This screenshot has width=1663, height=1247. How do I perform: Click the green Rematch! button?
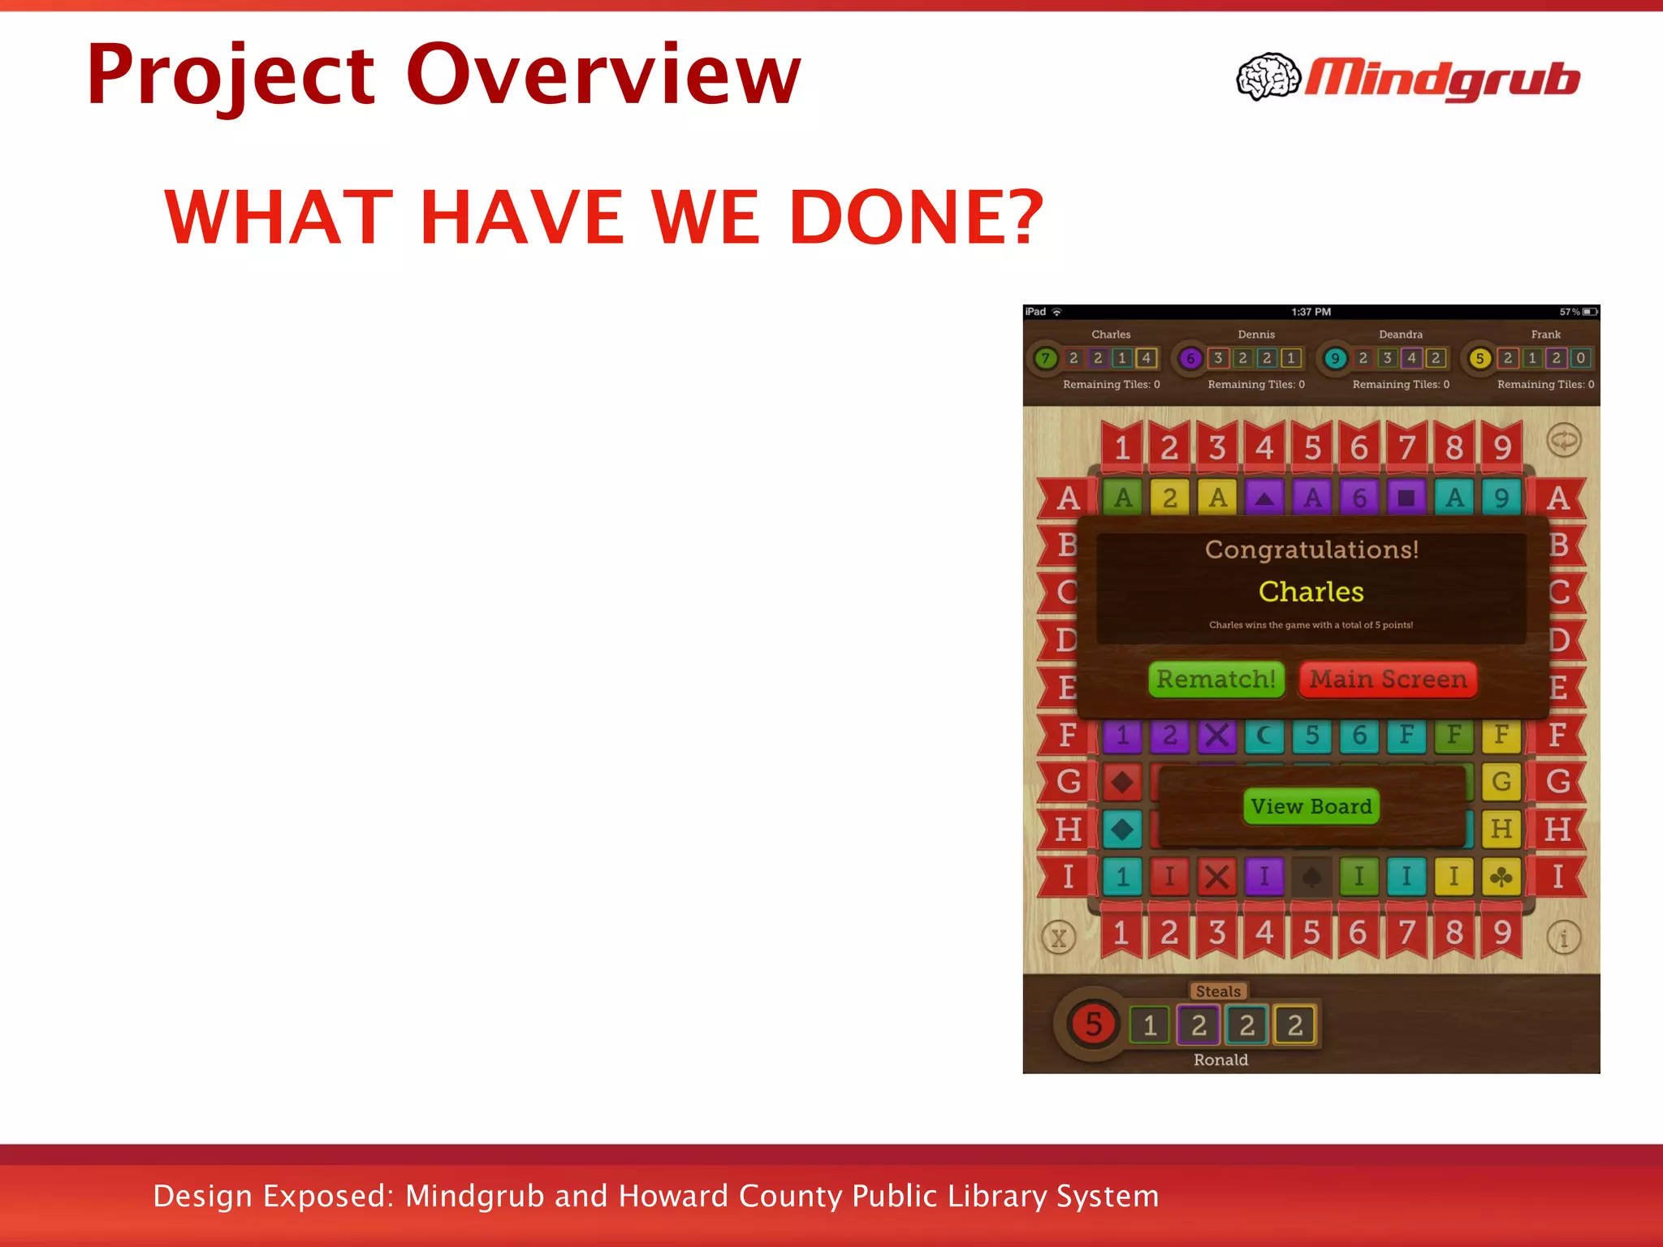[x=1216, y=679]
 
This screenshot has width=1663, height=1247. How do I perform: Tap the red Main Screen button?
[x=1388, y=679]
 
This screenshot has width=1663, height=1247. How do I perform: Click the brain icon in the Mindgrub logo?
[x=1268, y=77]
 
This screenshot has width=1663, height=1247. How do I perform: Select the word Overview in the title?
[x=603, y=75]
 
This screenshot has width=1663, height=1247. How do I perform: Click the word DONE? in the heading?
[x=915, y=217]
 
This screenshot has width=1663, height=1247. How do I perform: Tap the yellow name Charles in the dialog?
[x=1311, y=591]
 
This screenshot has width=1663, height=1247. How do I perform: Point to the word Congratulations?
[x=1311, y=550]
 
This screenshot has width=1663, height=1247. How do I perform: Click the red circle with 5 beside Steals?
[x=1093, y=1025]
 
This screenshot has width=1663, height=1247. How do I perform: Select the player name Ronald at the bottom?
[x=1220, y=1059]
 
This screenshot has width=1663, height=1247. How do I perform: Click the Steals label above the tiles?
[x=1218, y=991]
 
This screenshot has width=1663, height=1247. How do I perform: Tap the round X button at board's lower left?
[x=1058, y=938]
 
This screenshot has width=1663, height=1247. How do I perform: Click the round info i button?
[x=1563, y=938]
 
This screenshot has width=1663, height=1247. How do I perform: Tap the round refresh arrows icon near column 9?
[x=1564, y=441]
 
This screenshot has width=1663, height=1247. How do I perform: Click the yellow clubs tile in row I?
[x=1501, y=877]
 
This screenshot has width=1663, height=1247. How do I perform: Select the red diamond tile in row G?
[x=1122, y=783]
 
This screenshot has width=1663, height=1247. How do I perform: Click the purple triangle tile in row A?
[x=1264, y=498]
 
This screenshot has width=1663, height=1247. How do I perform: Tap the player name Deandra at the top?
[x=1400, y=334]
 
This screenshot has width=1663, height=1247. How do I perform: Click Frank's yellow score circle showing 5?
[x=1479, y=358]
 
